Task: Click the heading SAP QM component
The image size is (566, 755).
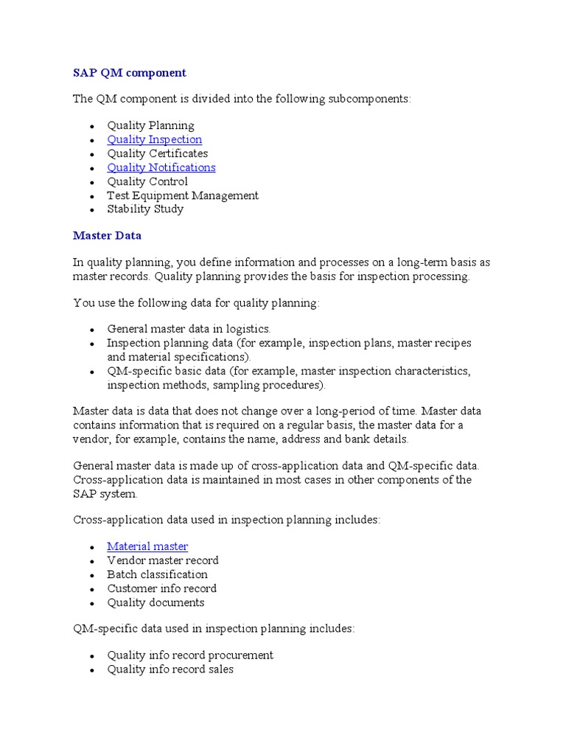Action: pos(130,73)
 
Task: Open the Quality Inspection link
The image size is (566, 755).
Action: pos(154,139)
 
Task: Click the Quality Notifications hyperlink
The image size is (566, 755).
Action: pos(161,167)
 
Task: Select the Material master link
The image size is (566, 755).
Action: pos(147,546)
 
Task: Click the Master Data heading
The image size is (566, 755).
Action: pos(107,236)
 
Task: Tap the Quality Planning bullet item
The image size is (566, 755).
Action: pos(150,125)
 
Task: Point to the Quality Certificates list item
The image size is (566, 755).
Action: pos(157,153)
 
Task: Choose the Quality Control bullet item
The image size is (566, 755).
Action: pos(147,181)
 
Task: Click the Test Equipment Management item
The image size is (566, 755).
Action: pos(183,195)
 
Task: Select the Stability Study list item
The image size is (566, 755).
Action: pos(145,209)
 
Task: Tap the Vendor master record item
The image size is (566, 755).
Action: pos(162,560)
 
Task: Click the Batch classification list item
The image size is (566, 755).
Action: pos(157,574)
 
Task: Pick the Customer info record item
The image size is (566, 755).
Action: pos(161,588)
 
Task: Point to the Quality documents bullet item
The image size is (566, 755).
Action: pos(156,602)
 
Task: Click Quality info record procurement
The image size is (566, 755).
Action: pos(189,655)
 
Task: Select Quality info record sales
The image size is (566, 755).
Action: pos(170,669)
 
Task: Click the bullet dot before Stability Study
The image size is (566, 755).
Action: pos(92,210)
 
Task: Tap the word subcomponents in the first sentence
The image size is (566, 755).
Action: pos(366,99)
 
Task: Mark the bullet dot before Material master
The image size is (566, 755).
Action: pos(92,548)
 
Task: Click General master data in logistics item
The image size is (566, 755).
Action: pos(189,329)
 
